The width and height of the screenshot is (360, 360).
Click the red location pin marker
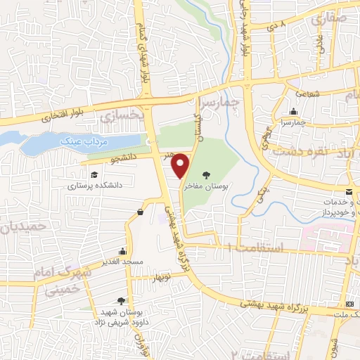pyautogui.click(x=181, y=165)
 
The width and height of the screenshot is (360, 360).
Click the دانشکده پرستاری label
pyautogui.click(x=91, y=186)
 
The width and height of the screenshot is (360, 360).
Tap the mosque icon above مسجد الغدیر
pyautogui.click(x=123, y=251)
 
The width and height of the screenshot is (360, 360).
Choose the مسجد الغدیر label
pyautogui.click(x=122, y=262)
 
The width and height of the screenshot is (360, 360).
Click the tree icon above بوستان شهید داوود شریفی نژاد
pyautogui.click(x=122, y=300)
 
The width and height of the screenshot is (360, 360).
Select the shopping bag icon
pyautogui.click(x=140, y=211)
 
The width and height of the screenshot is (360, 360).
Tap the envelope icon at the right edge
pyautogui.click(x=349, y=192)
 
